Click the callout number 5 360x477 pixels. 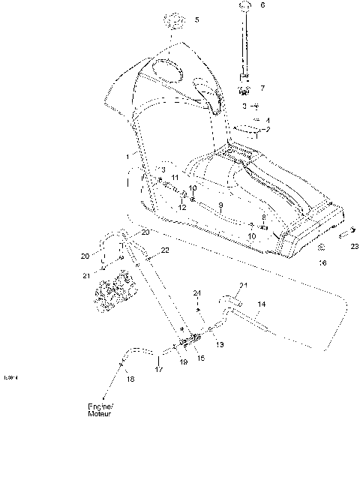coord(196,20)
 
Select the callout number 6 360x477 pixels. coord(262,5)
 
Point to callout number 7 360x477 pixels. coord(262,88)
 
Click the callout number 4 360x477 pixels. coord(268,121)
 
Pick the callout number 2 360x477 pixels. coord(268,130)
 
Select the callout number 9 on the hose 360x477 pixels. coord(221,205)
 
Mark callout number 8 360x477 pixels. coord(263,217)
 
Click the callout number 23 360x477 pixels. coord(354,247)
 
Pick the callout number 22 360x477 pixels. coord(165,249)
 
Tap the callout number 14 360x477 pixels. coord(261,304)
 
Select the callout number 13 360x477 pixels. coord(219,344)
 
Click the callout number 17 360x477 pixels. coord(158,370)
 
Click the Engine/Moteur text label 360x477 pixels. coord(99,410)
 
